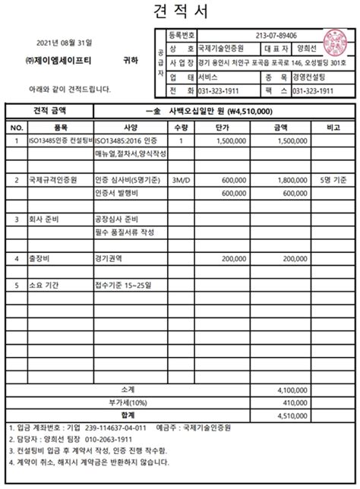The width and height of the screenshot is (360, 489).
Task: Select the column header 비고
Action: pos(332,127)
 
